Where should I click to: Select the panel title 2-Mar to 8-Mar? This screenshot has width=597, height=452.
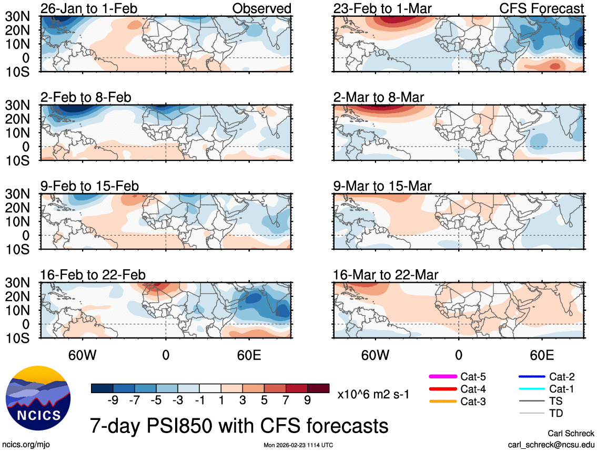point(379,97)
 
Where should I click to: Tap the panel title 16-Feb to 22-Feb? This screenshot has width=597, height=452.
point(93,275)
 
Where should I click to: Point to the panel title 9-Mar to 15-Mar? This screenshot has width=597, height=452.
point(382,186)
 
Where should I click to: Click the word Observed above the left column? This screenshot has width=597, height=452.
point(261,8)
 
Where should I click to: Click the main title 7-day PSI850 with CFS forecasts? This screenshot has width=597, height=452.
point(239,424)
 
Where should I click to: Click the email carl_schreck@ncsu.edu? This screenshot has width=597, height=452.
point(551,444)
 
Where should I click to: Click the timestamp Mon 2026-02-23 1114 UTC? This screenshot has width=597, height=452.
point(298,445)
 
